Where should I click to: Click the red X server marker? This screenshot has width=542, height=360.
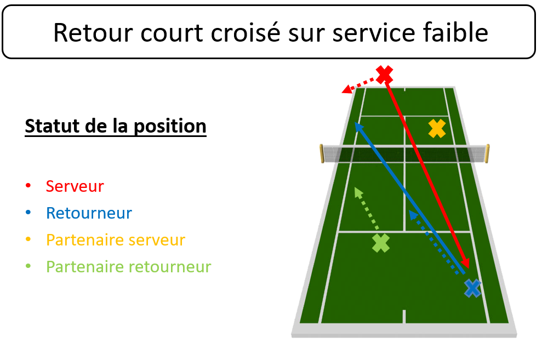(x=384, y=75)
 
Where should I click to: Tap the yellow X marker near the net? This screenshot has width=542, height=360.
(x=437, y=129)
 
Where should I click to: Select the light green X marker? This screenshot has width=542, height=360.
(x=381, y=243)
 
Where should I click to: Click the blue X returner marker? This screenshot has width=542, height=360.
(x=472, y=288)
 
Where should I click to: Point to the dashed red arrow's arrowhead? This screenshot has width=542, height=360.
(x=347, y=89)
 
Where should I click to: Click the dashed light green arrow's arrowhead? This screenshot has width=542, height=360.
(x=358, y=192)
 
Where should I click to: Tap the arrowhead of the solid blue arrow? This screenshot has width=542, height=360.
(x=359, y=127)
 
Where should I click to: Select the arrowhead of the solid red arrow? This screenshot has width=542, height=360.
(x=465, y=263)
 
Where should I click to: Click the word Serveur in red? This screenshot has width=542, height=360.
(x=75, y=186)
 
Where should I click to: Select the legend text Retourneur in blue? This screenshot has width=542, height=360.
(x=89, y=213)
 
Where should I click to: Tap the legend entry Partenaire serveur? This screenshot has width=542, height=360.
(x=116, y=240)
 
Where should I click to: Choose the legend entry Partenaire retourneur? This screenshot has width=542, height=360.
(x=128, y=267)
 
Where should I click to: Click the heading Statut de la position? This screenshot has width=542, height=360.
(x=116, y=126)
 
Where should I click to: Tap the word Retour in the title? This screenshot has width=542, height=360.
(x=93, y=33)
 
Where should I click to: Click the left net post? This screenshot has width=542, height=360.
(x=322, y=153)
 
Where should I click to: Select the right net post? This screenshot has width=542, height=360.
(x=487, y=153)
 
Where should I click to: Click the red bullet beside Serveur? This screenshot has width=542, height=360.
(x=28, y=186)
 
